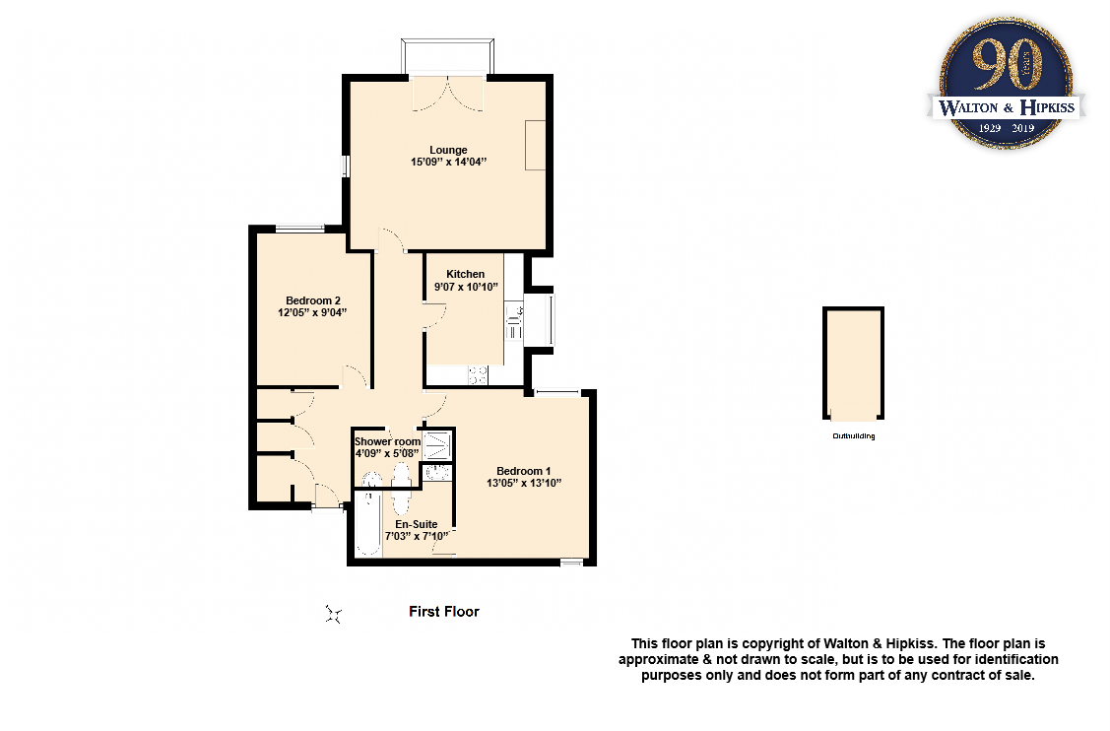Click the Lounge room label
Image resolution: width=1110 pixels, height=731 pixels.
tap(448, 150)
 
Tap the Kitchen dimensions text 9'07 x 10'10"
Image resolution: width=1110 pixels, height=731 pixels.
tap(466, 287)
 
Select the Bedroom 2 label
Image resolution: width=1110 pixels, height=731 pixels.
tap(312, 300)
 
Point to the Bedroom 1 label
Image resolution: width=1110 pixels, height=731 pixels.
tap(523, 470)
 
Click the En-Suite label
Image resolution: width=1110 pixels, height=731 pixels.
tap(417, 524)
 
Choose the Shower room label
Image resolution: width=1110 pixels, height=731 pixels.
tap(387, 441)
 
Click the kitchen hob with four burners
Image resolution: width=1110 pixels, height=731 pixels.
tap(478, 374)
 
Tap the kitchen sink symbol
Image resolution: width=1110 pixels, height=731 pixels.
tap(514, 317)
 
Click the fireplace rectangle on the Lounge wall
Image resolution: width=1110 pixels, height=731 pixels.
tap(535, 145)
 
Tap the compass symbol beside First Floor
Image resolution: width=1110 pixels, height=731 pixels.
tap(334, 615)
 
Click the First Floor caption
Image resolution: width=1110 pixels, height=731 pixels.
tap(444, 612)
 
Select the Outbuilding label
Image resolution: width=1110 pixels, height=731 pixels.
tap(853, 435)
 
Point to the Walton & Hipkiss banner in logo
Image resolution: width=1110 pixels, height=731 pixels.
tap(1007, 106)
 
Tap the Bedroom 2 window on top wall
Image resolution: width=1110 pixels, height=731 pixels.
tap(300, 230)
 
